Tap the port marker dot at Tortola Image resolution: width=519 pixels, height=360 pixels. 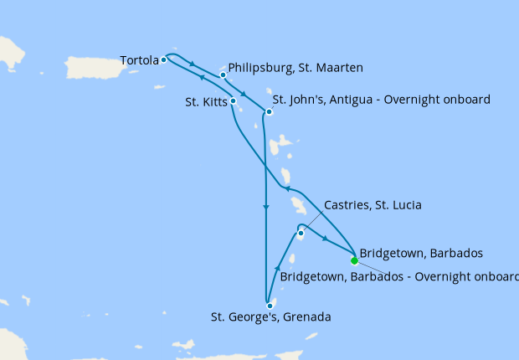pyautogui.click(x=163, y=59)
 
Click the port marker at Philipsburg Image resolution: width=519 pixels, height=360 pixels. pyautogui.click(x=224, y=75)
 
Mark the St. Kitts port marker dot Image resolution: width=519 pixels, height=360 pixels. pyautogui.click(x=233, y=101)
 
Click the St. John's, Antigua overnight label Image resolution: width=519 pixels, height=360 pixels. pyautogui.click(x=381, y=100)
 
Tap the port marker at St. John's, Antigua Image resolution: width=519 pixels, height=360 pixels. pyautogui.click(x=269, y=112)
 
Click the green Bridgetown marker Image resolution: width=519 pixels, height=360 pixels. pyautogui.click(x=354, y=260)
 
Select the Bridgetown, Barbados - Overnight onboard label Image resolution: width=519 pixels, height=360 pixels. pyautogui.click(x=399, y=275)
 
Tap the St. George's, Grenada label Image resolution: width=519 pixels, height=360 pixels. pyautogui.click(x=270, y=317)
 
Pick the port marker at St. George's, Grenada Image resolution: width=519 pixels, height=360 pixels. pyautogui.click(x=270, y=306)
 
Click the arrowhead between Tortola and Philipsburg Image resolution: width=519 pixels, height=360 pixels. pyautogui.click(x=193, y=65)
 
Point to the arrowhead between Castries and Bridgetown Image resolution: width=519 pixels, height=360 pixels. pyautogui.click(x=325, y=238)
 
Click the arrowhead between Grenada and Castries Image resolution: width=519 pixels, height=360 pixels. pyautogui.click(x=277, y=268)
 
